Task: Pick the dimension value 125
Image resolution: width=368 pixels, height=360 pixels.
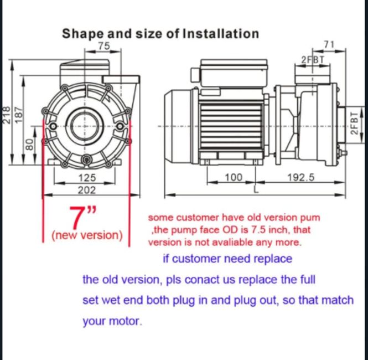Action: click(86, 178)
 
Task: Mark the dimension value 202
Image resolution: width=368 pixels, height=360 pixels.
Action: click(86, 190)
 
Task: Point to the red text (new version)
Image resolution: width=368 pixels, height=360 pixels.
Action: click(87, 235)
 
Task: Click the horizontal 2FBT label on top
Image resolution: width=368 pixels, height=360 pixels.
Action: click(313, 59)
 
